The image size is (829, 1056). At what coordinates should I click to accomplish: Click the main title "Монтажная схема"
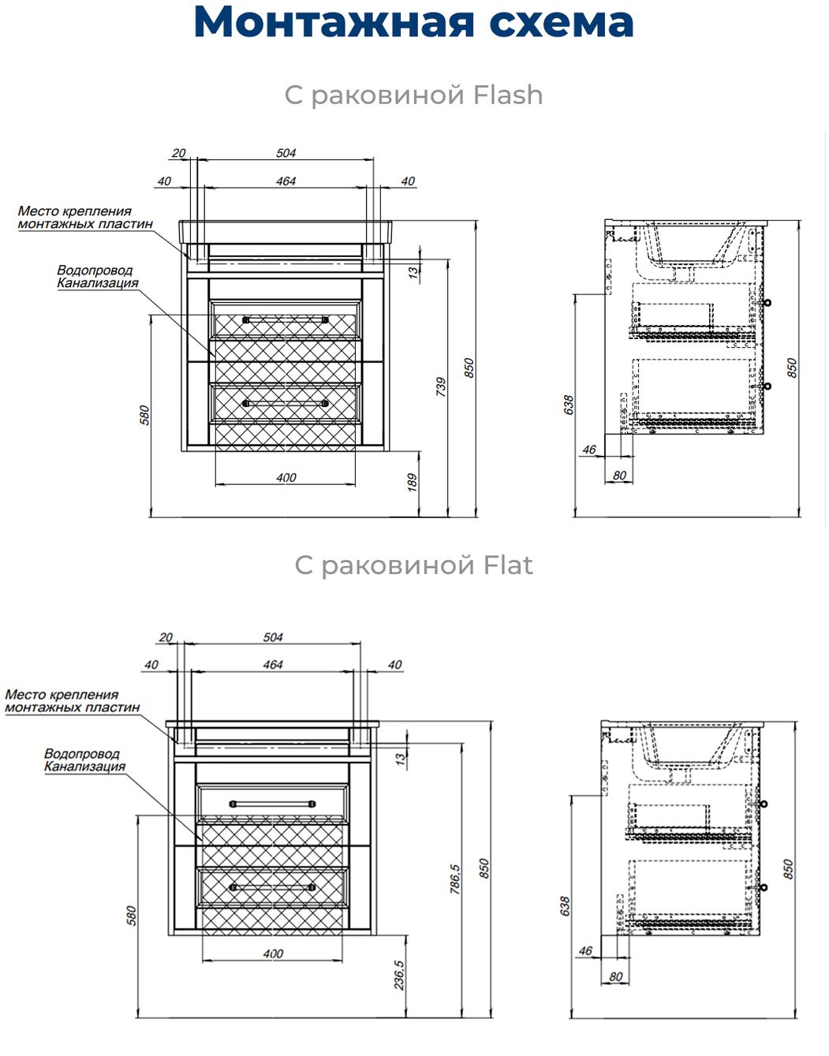(x=413, y=22)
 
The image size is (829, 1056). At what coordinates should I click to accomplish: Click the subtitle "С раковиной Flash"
(x=413, y=95)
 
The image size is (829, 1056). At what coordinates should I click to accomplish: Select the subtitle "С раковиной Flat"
(x=413, y=565)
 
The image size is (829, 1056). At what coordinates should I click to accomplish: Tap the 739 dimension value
(x=441, y=386)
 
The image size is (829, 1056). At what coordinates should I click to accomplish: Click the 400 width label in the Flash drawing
(x=286, y=477)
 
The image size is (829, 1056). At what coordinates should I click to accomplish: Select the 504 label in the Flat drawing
(x=273, y=637)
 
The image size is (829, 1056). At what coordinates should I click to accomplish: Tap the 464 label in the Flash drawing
(x=286, y=181)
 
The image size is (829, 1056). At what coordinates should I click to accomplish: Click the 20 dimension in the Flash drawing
(x=178, y=153)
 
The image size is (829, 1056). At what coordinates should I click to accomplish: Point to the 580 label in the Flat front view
(x=132, y=915)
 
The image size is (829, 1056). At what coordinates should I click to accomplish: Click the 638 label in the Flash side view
(x=568, y=405)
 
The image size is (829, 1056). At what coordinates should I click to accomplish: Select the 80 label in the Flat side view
(x=615, y=976)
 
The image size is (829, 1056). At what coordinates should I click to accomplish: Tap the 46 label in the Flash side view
(x=589, y=450)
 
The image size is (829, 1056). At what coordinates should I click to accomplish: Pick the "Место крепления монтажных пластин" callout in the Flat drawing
(x=72, y=701)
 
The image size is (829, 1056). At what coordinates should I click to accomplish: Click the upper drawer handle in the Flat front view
(x=272, y=804)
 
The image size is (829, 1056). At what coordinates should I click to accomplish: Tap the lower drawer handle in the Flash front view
(x=286, y=403)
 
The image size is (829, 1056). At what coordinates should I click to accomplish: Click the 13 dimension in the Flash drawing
(x=413, y=272)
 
